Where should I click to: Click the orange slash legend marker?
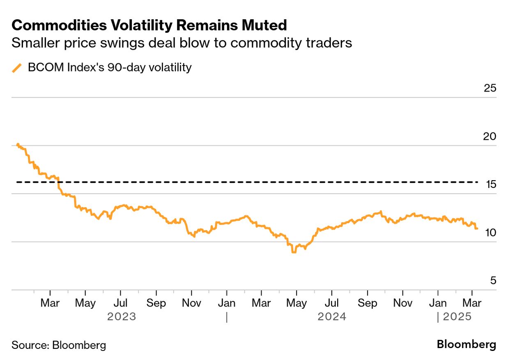click(17, 68)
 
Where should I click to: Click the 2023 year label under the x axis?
click(121, 317)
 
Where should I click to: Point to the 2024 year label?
click(332, 317)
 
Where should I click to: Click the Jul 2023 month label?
click(120, 304)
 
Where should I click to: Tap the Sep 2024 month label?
click(367, 304)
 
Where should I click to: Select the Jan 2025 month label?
click(438, 304)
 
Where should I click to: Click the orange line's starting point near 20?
click(17, 144)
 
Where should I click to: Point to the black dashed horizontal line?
click(246, 182)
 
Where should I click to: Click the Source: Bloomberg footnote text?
click(59, 345)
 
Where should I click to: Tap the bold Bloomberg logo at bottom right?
click(466, 344)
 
